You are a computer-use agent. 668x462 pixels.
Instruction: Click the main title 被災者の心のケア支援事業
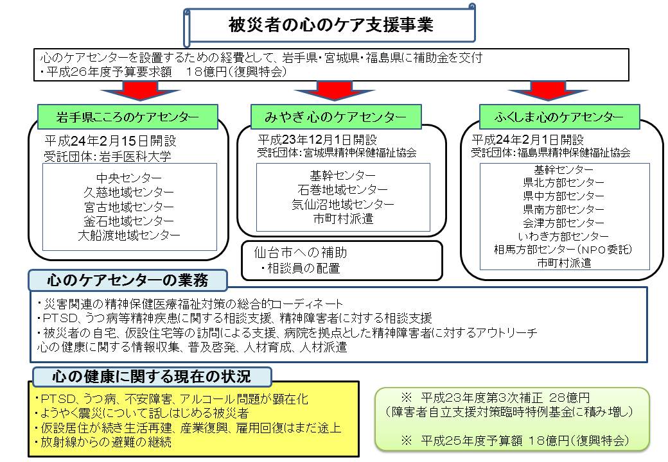click(x=331, y=24)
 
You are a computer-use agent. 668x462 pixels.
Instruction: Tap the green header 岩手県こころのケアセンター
click(x=128, y=117)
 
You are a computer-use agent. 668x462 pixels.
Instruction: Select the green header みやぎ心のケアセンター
click(x=336, y=117)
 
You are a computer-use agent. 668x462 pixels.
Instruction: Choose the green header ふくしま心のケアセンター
click(x=559, y=117)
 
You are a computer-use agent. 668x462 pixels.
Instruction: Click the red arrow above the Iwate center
click(x=140, y=90)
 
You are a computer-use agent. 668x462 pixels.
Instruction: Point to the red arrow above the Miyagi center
click(x=334, y=90)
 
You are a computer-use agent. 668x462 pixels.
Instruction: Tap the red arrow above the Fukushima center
click(x=549, y=90)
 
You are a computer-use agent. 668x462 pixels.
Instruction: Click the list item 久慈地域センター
click(x=129, y=193)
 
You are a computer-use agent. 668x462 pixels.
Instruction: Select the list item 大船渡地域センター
click(x=129, y=235)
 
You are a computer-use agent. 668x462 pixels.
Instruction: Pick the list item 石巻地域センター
click(x=343, y=190)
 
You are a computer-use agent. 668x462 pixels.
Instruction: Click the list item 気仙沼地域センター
click(x=343, y=204)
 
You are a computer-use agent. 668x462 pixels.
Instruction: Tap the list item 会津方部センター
click(x=564, y=223)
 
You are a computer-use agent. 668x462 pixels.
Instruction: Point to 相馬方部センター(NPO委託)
click(x=563, y=250)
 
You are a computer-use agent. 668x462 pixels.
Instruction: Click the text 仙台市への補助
click(x=301, y=253)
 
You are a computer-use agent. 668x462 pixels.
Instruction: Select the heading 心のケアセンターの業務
click(x=128, y=280)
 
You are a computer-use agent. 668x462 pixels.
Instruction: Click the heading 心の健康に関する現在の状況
click(x=152, y=377)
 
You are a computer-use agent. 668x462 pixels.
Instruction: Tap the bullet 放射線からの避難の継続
click(x=103, y=443)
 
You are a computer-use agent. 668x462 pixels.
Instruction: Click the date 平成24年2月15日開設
click(x=110, y=141)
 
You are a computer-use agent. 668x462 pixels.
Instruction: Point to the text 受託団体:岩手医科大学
click(x=108, y=156)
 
